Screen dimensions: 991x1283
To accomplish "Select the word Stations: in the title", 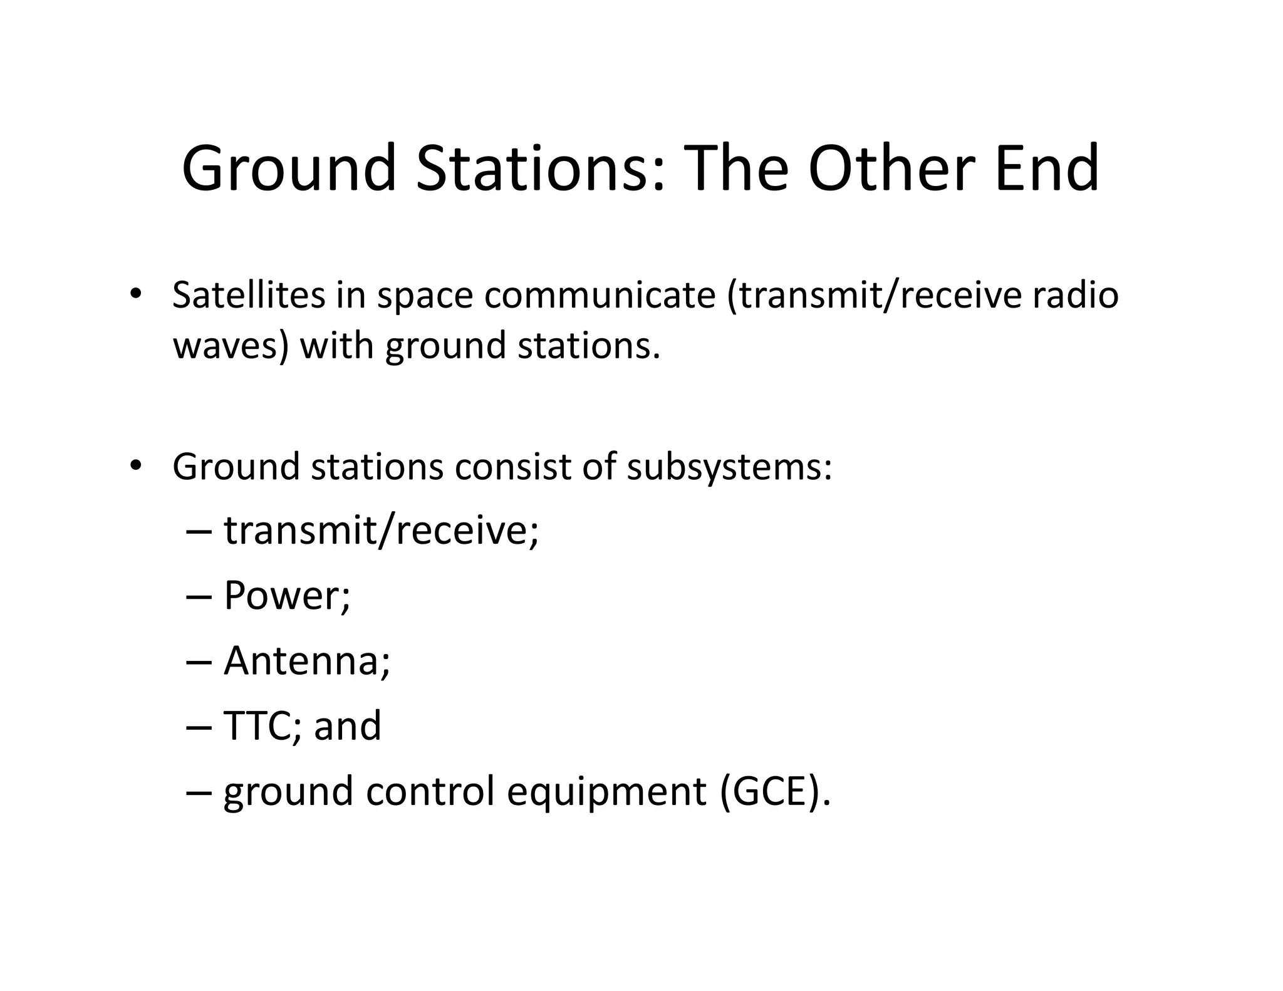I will coord(540,168).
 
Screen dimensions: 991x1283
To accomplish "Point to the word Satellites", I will coord(249,295).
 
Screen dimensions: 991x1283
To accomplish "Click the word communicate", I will coord(600,295).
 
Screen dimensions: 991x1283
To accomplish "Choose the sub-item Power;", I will coord(287,595).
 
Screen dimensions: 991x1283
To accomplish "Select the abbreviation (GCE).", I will coord(775,791).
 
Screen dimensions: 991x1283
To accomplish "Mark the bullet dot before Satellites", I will coord(135,294).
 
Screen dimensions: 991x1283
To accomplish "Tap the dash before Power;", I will coord(199,596).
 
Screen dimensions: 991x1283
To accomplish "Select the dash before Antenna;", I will coord(199,662).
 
